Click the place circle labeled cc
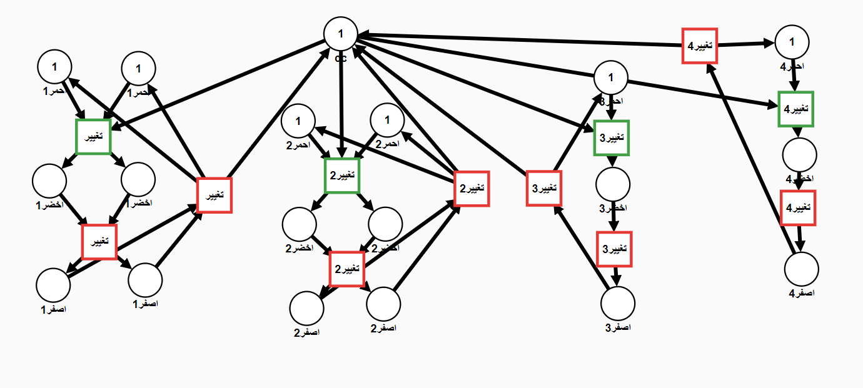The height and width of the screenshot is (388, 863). click(341, 34)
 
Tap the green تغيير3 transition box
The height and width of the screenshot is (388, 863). click(611, 137)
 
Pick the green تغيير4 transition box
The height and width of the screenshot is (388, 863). click(796, 109)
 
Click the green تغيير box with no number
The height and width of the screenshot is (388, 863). click(93, 136)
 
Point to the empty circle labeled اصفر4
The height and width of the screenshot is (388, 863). click(802, 270)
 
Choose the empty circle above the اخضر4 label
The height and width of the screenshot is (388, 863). click(799, 154)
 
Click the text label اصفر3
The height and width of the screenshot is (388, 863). click(618, 327)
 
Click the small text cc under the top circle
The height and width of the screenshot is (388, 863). click(341, 57)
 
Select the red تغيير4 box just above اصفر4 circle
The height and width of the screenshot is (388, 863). click(799, 207)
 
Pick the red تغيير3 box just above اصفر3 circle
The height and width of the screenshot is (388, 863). click(614, 249)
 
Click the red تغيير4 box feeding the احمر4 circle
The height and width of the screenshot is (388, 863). click(700, 46)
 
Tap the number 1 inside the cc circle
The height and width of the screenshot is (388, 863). click(341, 33)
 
